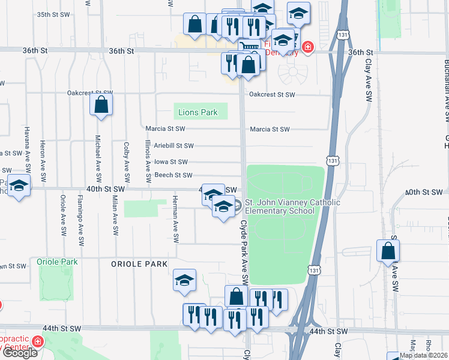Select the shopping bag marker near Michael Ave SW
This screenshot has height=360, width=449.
point(102,105)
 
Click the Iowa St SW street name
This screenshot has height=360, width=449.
point(171,161)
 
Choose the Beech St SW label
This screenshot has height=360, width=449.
point(173,175)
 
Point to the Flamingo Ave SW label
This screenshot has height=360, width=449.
point(80,221)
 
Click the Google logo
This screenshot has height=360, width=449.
point(20,352)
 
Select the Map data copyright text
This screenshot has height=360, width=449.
point(423,355)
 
